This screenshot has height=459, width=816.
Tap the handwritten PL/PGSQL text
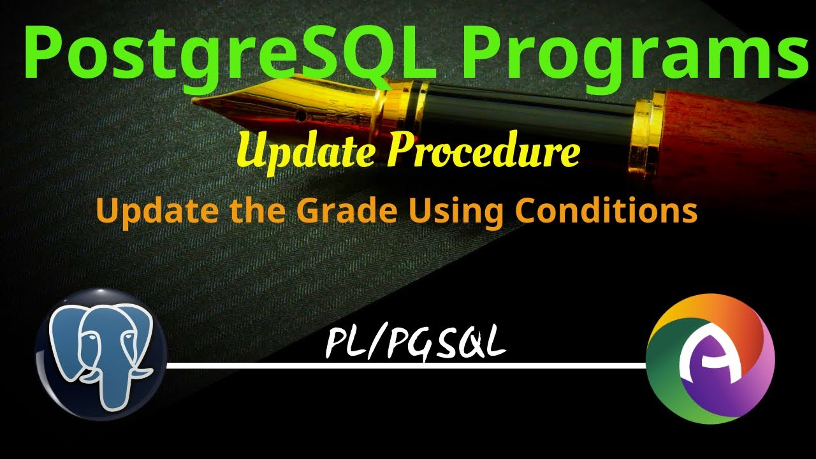415,345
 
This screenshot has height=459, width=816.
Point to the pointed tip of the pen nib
195,101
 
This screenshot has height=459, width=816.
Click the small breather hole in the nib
300,115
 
